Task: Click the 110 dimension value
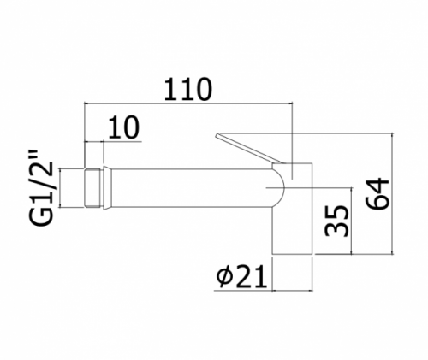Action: click(x=188, y=89)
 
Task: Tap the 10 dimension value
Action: click(x=124, y=127)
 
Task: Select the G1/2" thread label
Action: click(x=42, y=187)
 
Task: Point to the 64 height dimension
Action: click(x=377, y=194)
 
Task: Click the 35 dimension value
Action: click(x=337, y=221)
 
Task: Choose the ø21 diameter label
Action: click(x=242, y=276)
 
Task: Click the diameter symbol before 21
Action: click(x=224, y=276)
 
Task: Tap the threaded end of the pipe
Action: click(x=93, y=188)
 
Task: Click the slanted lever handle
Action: click(x=249, y=149)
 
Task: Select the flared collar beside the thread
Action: click(x=106, y=188)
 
